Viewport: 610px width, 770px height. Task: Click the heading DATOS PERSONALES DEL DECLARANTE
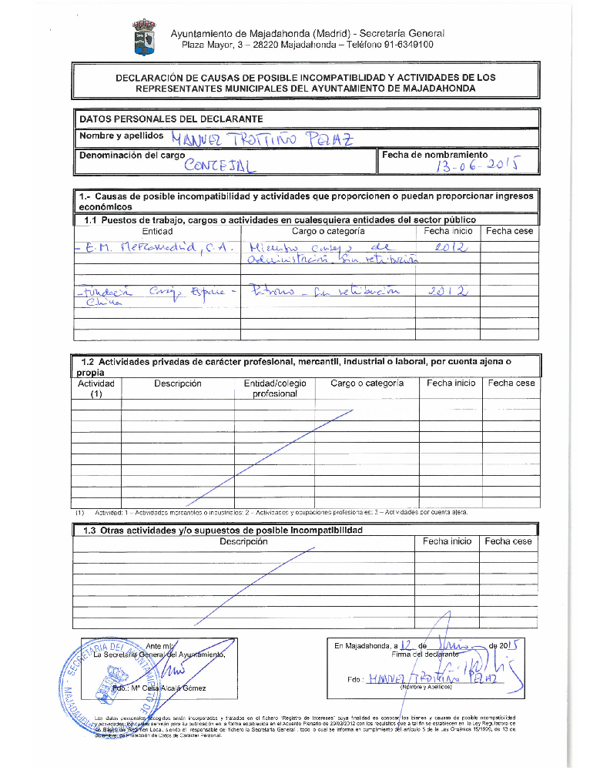click(x=171, y=119)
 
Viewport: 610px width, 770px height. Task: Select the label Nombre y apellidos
click(x=121, y=136)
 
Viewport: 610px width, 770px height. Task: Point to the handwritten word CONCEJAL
click(x=221, y=164)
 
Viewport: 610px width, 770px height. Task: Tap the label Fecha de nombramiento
click(x=435, y=155)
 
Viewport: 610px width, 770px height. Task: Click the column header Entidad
click(x=157, y=231)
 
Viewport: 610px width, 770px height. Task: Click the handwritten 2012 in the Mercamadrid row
click(x=450, y=248)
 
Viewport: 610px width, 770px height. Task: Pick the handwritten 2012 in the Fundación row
click(x=450, y=291)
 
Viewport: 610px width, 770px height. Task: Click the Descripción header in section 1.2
click(x=177, y=383)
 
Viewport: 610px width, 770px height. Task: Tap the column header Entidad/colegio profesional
click(x=275, y=388)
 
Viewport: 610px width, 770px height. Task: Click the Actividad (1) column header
click(x=96, y=388)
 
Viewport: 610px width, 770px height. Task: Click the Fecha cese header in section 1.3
click(x=508, y=541)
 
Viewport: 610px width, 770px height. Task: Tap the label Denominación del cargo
click(x=132, y=155)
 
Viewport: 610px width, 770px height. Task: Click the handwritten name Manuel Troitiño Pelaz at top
click(x=262, y=139)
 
